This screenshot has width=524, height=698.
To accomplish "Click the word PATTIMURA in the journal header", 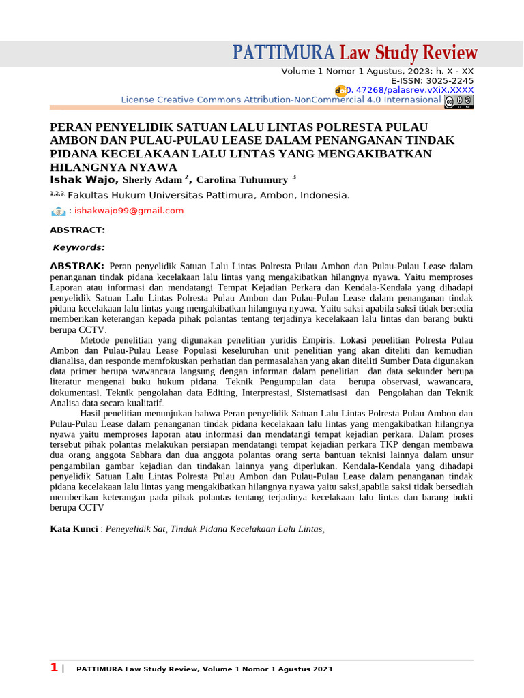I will coord(284,53).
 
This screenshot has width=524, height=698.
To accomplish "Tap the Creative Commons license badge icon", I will coord(458,102).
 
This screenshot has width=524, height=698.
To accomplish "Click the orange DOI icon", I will coord(340,91).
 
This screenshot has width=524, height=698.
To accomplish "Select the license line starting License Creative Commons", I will coord(280,100).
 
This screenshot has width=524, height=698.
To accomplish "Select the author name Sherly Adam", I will coord(152,180).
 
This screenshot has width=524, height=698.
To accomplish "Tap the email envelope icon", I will coord(58,211).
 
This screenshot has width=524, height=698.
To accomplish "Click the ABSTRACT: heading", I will coord(77,230).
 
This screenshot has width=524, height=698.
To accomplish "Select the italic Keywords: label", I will coord(79,248).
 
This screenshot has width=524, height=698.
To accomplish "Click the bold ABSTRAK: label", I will coord(77,266).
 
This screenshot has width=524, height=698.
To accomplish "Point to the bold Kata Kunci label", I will coord(74,528).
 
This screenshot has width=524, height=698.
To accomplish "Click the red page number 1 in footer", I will coord(54,668).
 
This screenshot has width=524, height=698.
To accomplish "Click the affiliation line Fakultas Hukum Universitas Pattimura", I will coord(208,195).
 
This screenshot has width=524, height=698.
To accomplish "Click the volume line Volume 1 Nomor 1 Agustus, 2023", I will coord(377,71).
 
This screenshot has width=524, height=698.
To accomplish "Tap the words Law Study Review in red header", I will coord(409,53).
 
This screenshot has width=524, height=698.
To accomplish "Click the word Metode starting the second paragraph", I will coord(96,339).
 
